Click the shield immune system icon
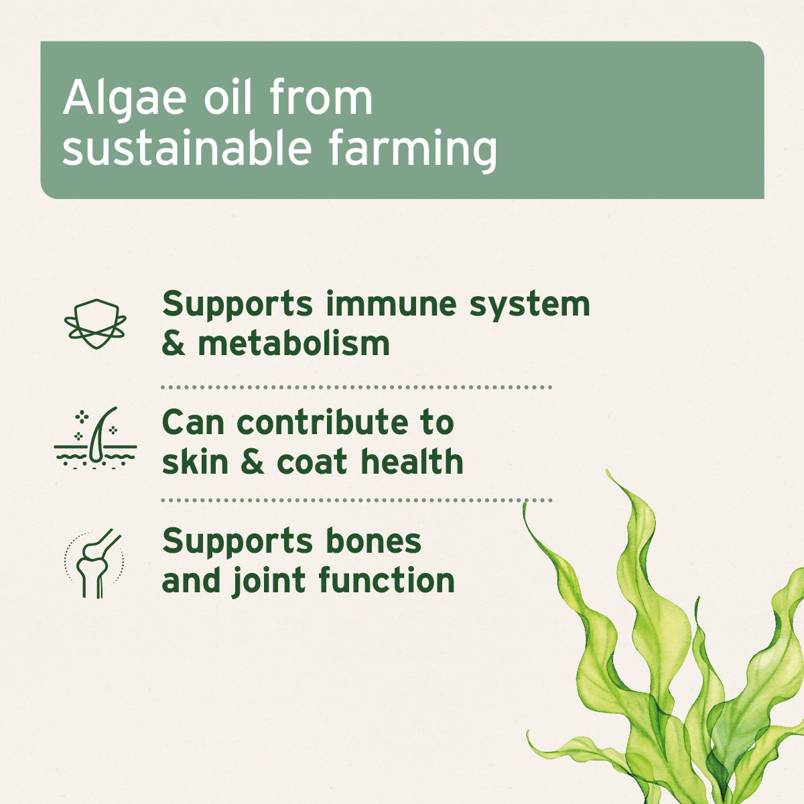pos(95,323)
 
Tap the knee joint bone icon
pos(95,563)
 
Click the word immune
pos(391,304)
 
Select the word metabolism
pos(293,343)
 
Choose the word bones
pos(374,541)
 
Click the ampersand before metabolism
pos(174,344)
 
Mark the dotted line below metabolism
pos(356,387)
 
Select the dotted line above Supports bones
pos(356,500)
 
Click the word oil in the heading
pos(228,98)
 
